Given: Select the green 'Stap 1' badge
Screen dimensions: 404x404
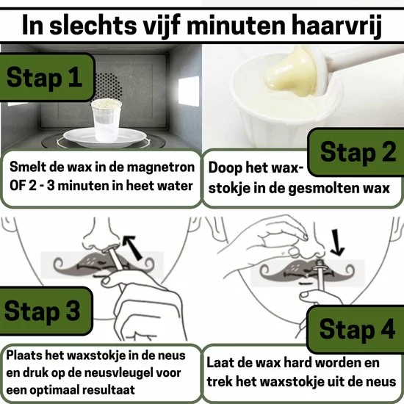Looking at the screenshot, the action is (x=47, y=77).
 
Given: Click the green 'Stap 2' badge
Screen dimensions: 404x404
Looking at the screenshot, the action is (x=356, y=152).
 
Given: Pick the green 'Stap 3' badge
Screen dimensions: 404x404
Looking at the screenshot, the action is (x=46, y=311).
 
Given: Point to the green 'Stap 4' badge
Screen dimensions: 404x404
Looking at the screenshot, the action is (x=356, y=329).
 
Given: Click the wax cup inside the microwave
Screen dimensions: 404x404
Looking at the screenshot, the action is (x=107, y=120).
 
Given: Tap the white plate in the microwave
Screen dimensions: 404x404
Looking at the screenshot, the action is (x=105, y=137).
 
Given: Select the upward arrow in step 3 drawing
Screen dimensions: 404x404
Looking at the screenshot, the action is (x=132, y=247).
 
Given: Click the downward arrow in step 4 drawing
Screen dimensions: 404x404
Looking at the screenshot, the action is (x=336, y=242).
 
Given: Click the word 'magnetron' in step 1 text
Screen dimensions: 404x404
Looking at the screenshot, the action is (x=161, y=167).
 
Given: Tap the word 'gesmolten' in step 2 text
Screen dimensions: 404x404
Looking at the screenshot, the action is (x=325, y=188).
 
